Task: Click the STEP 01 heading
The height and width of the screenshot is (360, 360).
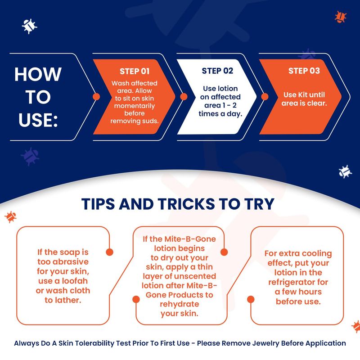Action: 135,71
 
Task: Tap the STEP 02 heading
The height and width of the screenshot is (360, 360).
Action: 217,71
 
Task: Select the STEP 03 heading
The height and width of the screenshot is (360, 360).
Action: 304,71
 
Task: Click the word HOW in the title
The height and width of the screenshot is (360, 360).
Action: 38,74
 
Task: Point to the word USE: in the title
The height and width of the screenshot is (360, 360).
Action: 38,120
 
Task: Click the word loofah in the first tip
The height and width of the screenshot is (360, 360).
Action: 75,281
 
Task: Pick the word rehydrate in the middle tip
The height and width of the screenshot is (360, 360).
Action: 179,304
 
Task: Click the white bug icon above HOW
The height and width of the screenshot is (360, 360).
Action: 29,26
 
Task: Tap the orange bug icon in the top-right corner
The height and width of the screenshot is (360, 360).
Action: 341,17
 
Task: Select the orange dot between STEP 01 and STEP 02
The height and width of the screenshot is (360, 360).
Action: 184,97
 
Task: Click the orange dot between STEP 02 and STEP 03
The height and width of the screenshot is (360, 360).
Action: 265,97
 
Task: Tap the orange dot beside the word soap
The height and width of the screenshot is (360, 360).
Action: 109,252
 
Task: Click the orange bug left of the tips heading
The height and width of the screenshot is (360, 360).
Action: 10,217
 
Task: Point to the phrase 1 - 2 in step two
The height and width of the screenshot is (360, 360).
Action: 229,105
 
